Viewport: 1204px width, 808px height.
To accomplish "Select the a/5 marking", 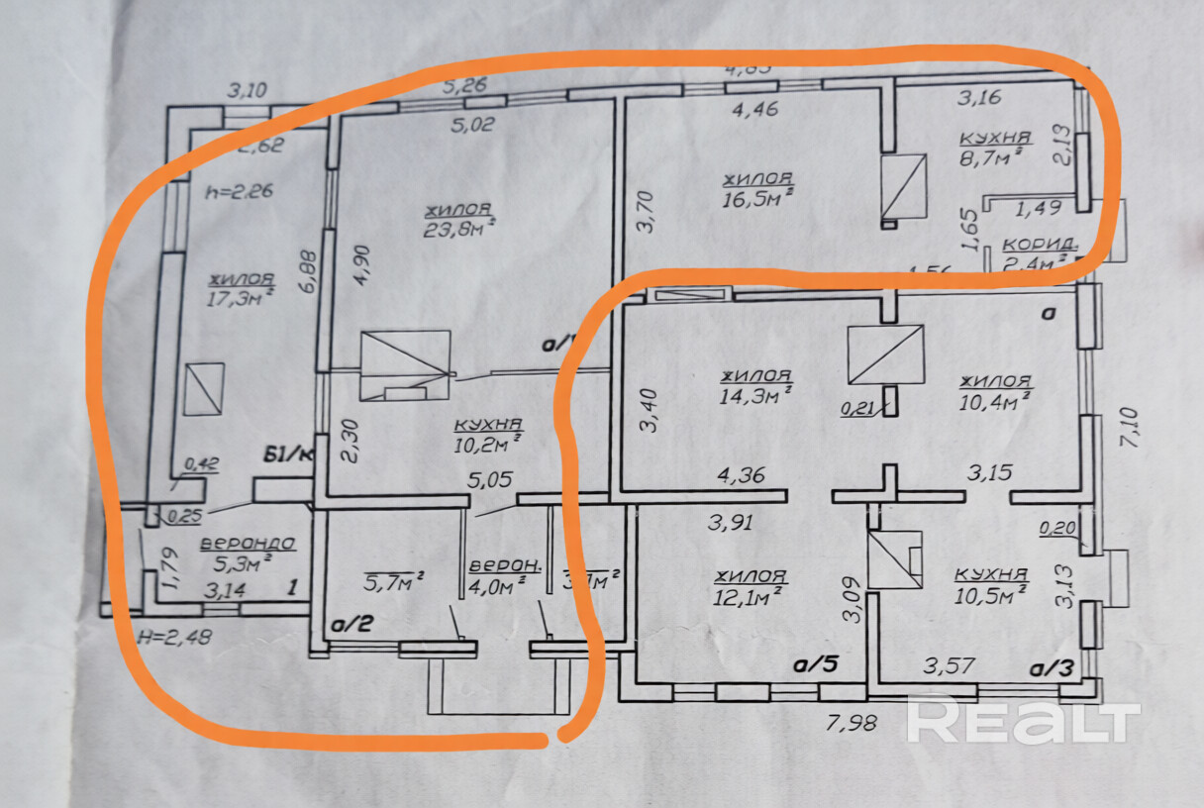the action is click(x=815, y=664).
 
